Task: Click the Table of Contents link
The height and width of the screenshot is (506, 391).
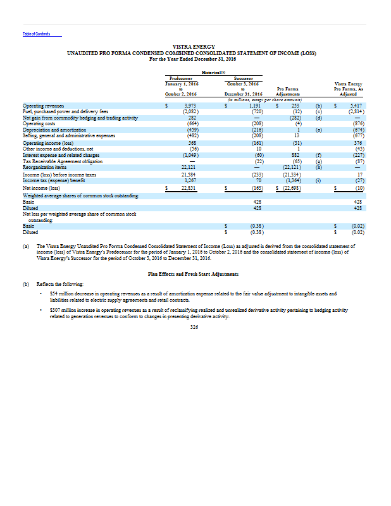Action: (36, 34)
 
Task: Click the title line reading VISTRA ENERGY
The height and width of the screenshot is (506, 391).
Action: (195, 47)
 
